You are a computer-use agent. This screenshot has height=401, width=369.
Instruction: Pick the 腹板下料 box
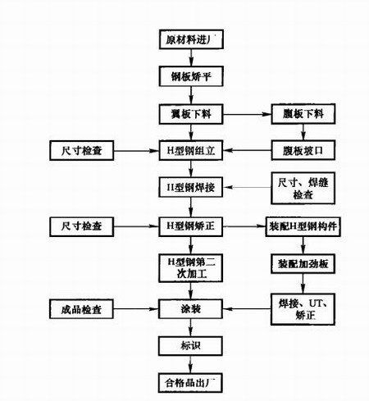298,113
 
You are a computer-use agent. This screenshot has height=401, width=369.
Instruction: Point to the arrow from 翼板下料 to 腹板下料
245,113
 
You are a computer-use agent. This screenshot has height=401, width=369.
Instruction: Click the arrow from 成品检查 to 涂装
134,309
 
